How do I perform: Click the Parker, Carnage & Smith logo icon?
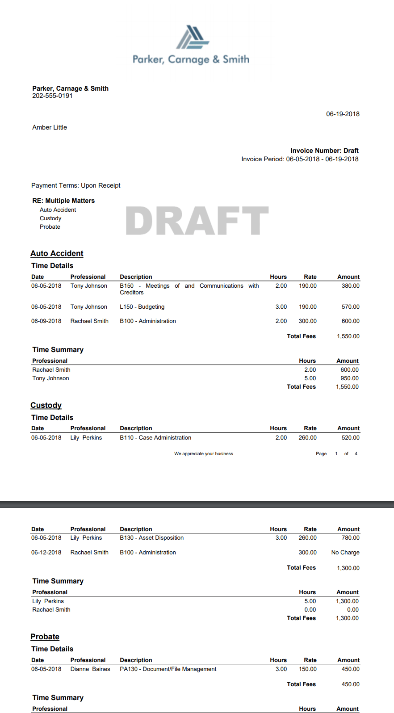click(193, 37)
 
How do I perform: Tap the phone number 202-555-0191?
click(52, 96)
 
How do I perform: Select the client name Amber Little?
click(50, 127)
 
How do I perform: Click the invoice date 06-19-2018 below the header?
click(343, 114)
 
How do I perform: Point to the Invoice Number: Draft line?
click(324, 151)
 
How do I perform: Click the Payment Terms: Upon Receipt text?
click(76, 185)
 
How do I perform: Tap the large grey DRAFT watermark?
click(197, 221)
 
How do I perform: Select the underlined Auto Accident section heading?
click(57, 253)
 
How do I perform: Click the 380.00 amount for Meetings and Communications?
click(350, 286)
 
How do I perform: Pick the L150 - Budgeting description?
click(142, 307)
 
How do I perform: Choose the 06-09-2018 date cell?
click(46, 321)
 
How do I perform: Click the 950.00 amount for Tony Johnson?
click(349, 378)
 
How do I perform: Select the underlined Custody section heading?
click(46, 405)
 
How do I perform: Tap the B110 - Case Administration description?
click(155, 438)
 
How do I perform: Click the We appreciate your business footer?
click(204, 454)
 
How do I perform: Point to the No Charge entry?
click(345, 553)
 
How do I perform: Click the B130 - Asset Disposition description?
click(152, 538)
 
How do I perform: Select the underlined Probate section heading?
click(45, 637)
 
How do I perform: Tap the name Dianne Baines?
click(90, 669)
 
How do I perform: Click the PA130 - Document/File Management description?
click(168, 669)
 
